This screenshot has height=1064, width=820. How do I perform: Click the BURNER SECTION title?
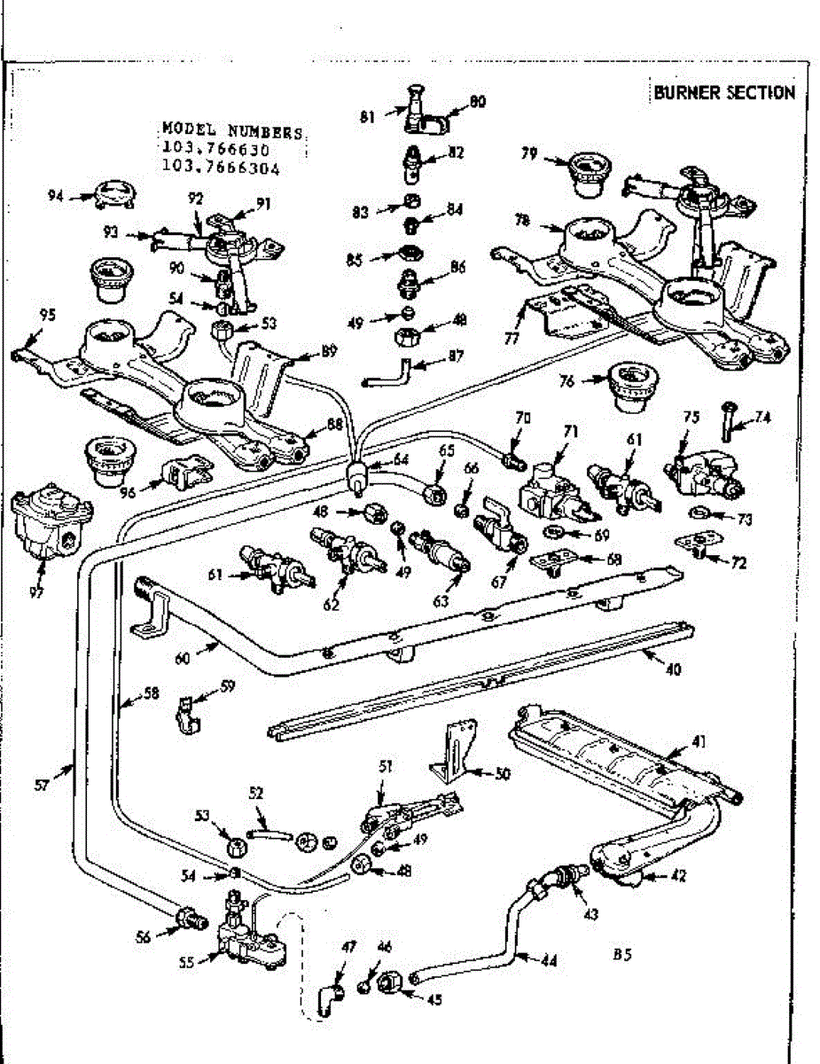coord(724,93)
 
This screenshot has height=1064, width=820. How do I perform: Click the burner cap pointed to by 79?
coord(586,174)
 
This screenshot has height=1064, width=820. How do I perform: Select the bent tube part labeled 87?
coord(389,372)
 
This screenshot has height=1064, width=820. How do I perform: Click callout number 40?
coord(673,670)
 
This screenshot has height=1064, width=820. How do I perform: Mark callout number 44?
coord(550,959)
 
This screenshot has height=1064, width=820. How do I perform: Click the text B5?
coord(621,956)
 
